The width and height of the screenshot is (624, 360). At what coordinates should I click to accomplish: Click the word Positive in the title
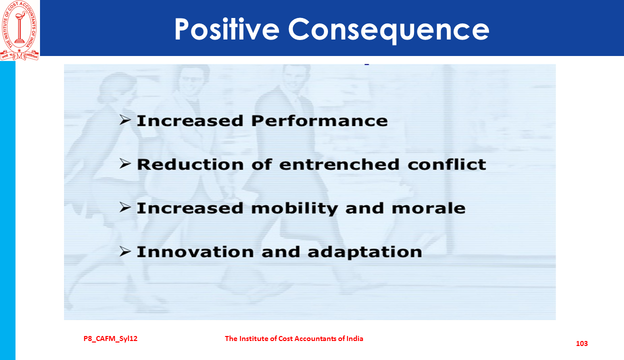[227, 30]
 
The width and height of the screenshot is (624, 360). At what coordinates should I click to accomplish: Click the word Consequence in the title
[388, 30]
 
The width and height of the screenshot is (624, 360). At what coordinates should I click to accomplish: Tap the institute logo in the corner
[19, 30]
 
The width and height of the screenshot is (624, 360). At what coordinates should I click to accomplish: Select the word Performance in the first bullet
[319, 121]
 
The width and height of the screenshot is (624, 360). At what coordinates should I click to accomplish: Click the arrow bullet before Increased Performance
[125, 120]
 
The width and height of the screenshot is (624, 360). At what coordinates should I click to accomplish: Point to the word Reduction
[190, 164]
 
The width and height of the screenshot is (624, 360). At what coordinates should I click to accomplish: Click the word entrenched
[339, 164]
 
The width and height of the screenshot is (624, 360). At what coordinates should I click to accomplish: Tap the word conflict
[447, 164]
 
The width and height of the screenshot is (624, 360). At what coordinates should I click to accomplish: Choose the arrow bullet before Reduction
[125, 163]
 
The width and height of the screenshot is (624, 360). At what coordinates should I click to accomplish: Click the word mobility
[294, 208]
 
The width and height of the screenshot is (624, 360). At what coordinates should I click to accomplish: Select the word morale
[428, 208]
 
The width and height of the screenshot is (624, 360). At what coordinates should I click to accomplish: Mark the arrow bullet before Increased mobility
[125, 207]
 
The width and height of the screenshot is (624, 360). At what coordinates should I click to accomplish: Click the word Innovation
[195, 252]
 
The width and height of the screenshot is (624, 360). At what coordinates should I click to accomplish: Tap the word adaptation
[365, 252]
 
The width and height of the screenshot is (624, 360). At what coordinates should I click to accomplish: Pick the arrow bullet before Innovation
[125, 251]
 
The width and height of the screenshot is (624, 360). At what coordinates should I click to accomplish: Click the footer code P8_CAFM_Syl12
[110, 338]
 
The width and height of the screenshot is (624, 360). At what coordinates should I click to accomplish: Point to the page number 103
[582, 343]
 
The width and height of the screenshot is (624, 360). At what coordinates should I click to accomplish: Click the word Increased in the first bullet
[190, 121]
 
